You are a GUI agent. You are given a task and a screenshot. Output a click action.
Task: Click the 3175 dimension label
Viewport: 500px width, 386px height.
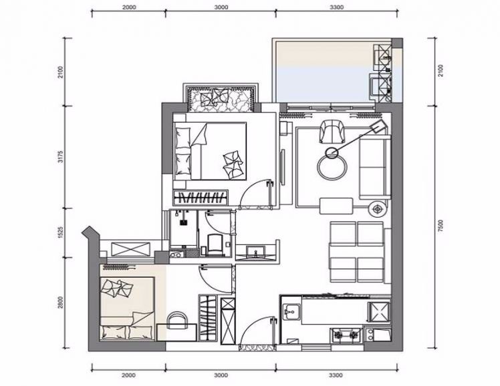point(61,157)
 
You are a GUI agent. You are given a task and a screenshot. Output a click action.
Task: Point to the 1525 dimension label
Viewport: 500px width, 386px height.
point(61,232)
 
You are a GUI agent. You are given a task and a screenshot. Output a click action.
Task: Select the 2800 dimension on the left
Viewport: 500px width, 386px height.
point(61,303)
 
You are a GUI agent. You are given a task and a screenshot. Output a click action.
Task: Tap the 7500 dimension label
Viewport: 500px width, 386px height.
point(441,226)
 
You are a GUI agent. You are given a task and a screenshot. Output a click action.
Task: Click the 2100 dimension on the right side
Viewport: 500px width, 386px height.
point(441,71)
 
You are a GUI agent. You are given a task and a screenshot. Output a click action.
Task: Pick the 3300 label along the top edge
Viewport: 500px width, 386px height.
point(336,7)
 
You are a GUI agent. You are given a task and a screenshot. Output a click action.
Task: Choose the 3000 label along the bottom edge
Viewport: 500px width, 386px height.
point(221,375)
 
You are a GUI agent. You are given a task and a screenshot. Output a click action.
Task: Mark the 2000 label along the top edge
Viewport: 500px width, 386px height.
point(129,7)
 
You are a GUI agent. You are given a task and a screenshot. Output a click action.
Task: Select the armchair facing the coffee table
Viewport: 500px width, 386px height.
point(332,132)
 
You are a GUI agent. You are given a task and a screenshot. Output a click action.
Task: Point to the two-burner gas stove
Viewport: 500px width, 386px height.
point(346,335)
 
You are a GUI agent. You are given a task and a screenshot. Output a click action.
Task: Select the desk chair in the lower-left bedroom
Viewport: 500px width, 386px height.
point(177,320)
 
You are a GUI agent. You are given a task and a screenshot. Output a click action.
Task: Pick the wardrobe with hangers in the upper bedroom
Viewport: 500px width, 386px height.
point(201,198)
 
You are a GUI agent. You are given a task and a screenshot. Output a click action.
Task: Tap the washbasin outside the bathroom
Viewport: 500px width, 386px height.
point(255,252)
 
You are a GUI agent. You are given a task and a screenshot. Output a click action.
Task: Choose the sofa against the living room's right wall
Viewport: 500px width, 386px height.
point(375,167)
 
